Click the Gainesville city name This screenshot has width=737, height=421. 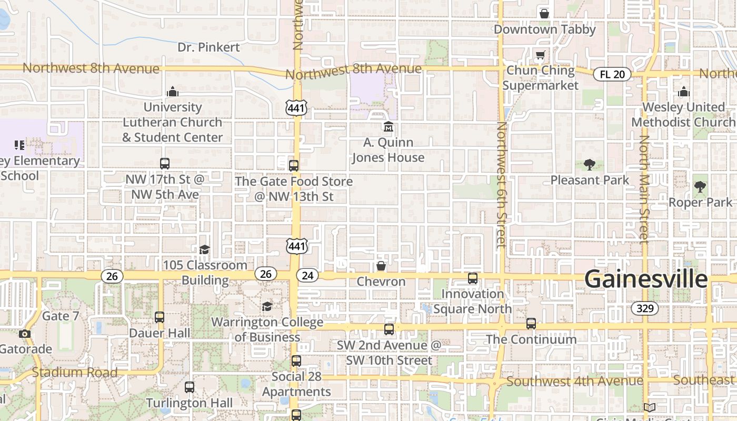coord(646,279)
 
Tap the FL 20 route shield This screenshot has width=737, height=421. coord(612,74)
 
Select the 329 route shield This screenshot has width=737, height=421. coord(645,308)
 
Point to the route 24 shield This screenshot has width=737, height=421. coord(307,275)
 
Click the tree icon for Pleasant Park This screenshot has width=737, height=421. coord(589,165)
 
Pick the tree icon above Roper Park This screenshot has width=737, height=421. coord(700,186)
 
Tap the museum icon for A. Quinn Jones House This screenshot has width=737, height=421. coord(389,127)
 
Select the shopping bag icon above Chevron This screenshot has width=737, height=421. coord(381,266)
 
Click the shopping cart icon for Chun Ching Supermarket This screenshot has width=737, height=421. coord(540,55)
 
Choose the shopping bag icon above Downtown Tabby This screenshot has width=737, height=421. coord(544,14)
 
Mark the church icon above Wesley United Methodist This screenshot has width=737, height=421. coord(684,92)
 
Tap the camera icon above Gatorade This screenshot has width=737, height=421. coord(24,334)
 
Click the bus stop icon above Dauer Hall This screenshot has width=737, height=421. coord(160,317)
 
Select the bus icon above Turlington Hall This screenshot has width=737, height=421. coord(190,387)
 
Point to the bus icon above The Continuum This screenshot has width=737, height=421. coord(531,324)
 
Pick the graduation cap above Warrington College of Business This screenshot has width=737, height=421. coord(267,306)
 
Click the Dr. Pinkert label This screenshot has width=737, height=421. coord(208,47)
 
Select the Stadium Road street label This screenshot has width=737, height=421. coord(75,373)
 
